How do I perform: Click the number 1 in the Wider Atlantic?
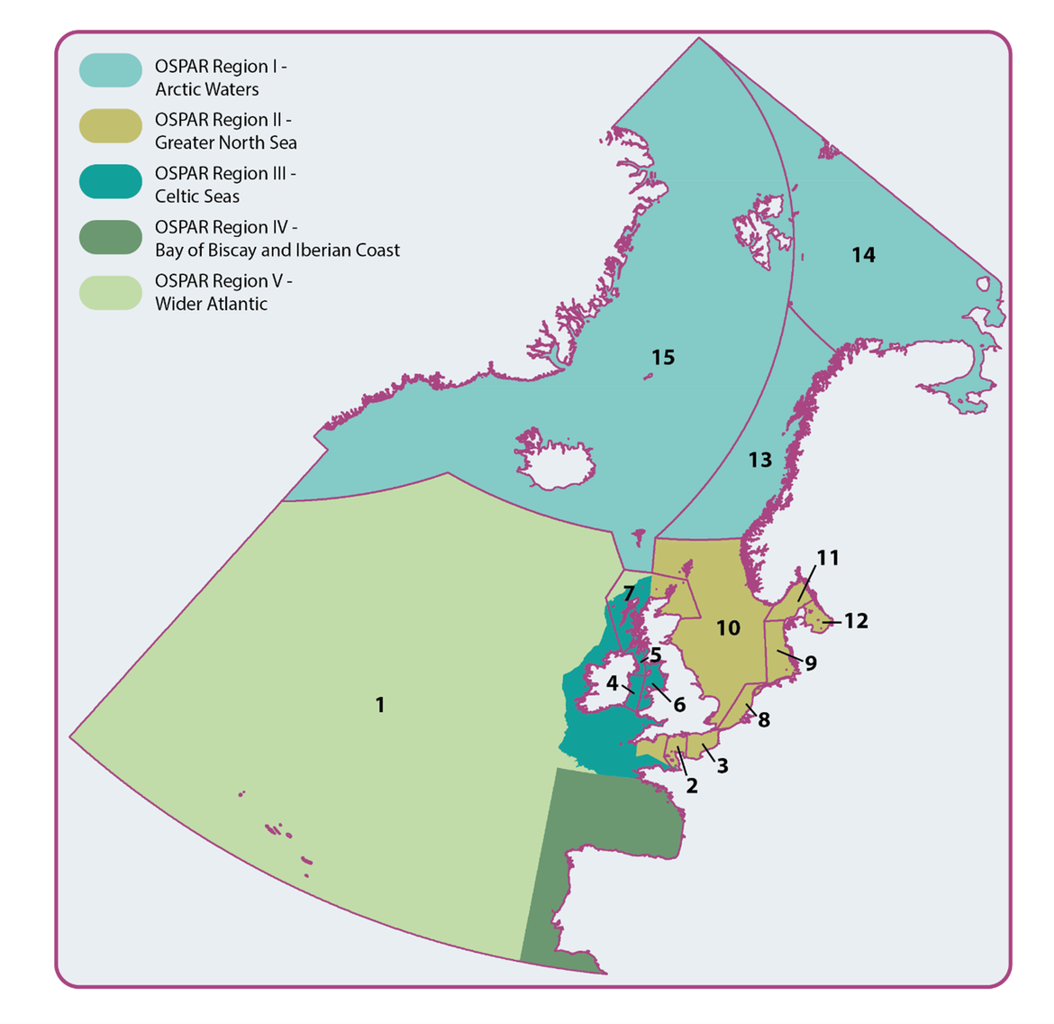point(380,705)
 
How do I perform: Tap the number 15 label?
point(663,358)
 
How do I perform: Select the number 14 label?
point(863,255)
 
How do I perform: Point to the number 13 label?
point(760,460)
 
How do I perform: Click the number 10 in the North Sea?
point(728,627)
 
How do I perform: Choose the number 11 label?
point(828,558)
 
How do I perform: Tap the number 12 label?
point(856,621)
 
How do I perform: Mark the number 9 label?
point(811,663)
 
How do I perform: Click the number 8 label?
point(764,720)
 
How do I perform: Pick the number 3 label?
point(722,765)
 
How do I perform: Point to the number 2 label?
point(691,785)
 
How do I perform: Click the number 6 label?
point(679,704)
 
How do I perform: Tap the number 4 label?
point(612,683)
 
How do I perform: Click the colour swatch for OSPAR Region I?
point(111,71)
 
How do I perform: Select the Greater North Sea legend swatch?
point(111,126)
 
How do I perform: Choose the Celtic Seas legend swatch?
point(111,181)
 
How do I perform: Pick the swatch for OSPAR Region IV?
point(111,237)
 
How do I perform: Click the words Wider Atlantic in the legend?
point(211,304)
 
